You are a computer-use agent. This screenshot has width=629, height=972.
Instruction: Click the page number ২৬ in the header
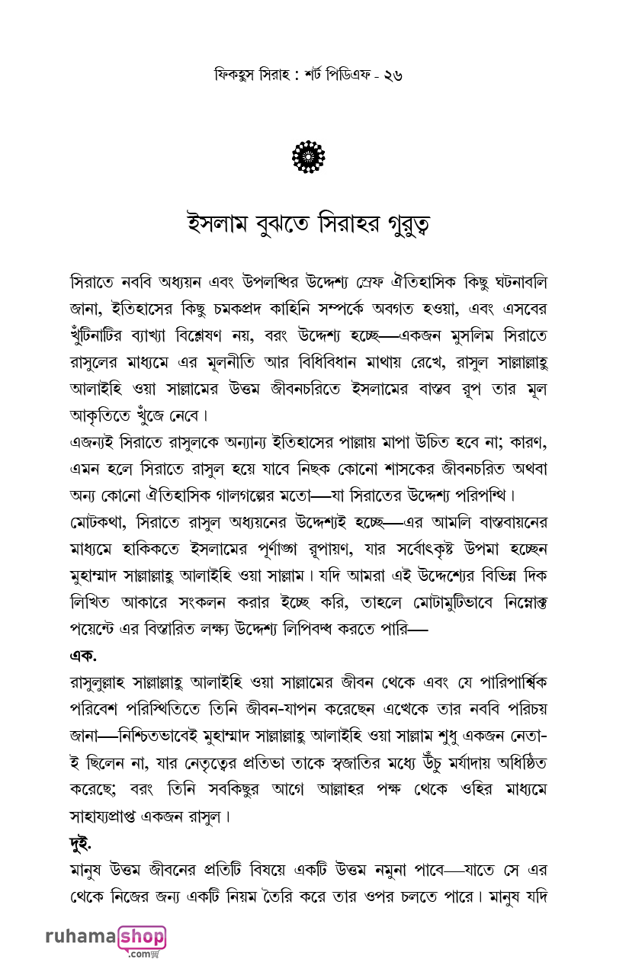click(393, 75)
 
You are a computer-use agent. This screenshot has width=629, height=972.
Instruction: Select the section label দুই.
click(81, 843)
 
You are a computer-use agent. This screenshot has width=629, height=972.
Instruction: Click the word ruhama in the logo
click(80, 937)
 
